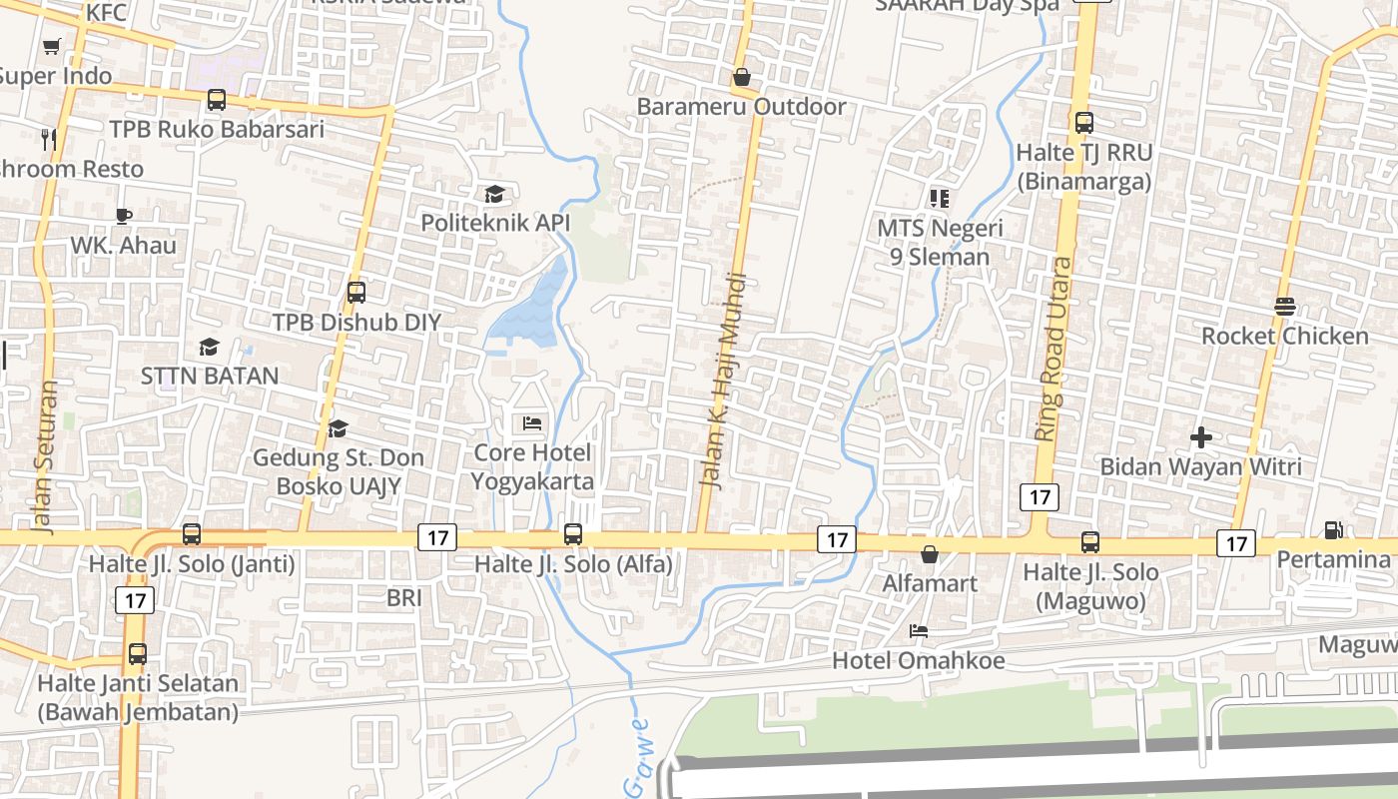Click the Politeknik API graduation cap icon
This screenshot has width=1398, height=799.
(494, 194)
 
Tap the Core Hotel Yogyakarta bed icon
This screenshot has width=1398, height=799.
(532, 423)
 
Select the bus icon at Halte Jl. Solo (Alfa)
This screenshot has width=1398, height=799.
(573, 534)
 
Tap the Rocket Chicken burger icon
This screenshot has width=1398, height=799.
(1285, 307)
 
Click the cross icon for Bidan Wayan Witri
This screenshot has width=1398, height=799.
(1201, 436)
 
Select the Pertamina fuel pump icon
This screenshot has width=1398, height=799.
(1333, 529)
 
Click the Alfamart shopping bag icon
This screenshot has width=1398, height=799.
(930, 553)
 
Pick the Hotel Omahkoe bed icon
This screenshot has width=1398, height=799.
(919, 631)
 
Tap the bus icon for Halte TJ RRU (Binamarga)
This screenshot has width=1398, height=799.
(1084, 123)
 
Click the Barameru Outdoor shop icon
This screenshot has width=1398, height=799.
(742, 77)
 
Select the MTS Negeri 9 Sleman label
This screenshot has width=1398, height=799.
(940, 243)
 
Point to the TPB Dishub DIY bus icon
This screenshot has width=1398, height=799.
(356, 293)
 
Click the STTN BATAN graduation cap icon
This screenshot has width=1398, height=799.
(209, 347)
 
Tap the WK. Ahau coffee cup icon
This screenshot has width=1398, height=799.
(124, 216)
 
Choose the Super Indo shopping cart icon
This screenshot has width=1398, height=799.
(52, 46)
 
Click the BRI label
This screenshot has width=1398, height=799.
(404, 598)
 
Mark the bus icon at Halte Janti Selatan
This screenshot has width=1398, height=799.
(138, 654)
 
